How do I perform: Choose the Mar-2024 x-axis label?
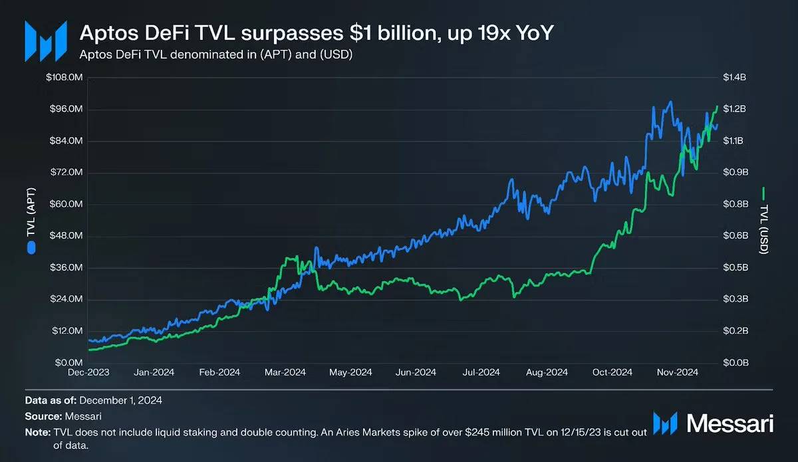click(x=286, y=373)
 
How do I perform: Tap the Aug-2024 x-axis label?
click(x=548, y=373)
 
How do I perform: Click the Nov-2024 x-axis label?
click(x=678, y=373)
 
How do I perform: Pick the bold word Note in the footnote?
click(x=37, y=432)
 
